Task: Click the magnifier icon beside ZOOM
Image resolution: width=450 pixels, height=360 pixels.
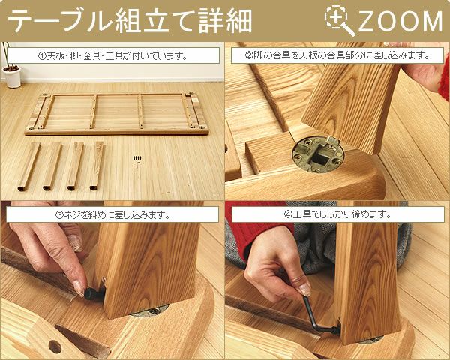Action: tap(339, 21)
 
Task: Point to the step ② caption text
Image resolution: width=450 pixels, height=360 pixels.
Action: tap(337, 55)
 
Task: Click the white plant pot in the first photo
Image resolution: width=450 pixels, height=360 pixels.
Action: tap(13, 77)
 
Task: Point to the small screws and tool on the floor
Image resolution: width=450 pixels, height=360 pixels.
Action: tap(137, 160)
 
